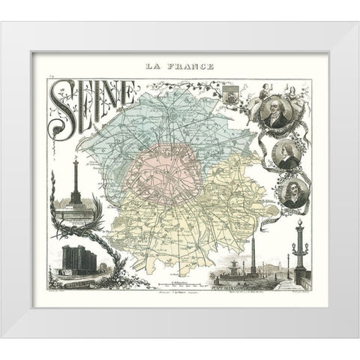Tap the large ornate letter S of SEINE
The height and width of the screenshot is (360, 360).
click(x=60, y=105)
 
